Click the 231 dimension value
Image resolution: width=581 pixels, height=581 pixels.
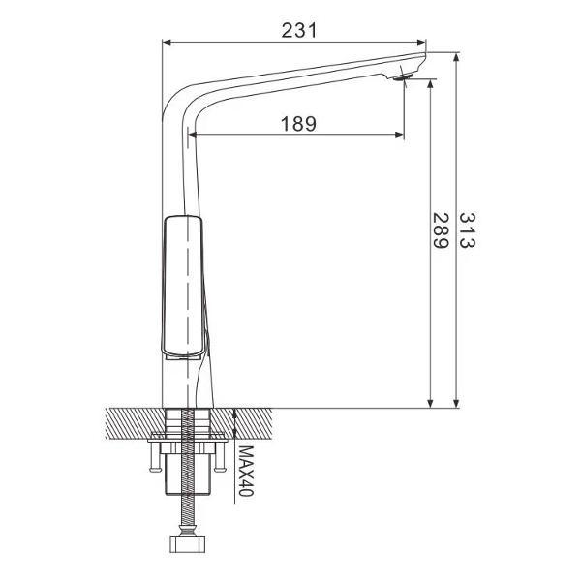pos(299,30)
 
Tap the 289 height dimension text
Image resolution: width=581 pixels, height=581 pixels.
pos(440,233)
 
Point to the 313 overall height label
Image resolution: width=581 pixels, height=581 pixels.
pos(467,233)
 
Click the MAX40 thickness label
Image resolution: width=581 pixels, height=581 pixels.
pos(247,473)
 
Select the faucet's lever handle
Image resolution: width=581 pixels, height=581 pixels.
pos(185,286)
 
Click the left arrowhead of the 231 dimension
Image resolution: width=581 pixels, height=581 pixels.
pos(167,43)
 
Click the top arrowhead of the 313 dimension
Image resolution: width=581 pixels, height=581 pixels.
pos(456,57)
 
